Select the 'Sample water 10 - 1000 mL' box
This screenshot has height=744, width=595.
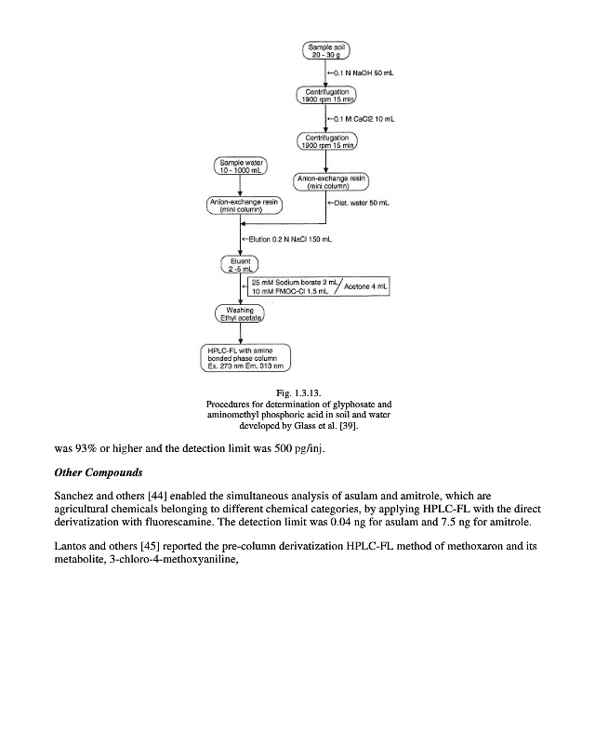point(240,167)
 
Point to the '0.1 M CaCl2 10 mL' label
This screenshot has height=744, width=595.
point(363,118)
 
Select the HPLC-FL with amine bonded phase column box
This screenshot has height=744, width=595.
point(246,357)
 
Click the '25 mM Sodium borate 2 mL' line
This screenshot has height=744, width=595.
point(285,281)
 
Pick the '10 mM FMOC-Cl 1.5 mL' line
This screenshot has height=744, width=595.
point(281,292)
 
